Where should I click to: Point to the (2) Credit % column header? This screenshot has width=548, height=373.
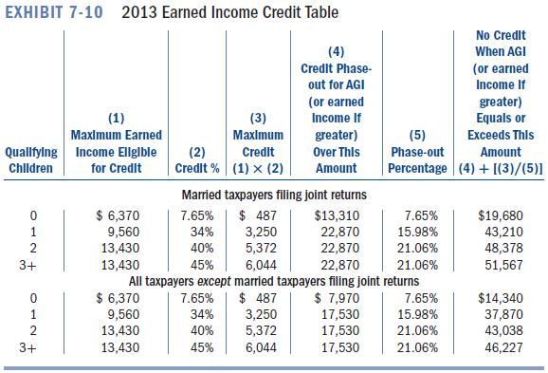click(197, 159)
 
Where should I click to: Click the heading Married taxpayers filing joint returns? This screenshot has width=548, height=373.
click(273, 194)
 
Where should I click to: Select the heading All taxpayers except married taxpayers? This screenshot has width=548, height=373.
click(273, 280)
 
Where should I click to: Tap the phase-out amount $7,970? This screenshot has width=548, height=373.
click(337, 299)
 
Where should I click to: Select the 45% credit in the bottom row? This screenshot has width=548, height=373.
click(201, 349)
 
